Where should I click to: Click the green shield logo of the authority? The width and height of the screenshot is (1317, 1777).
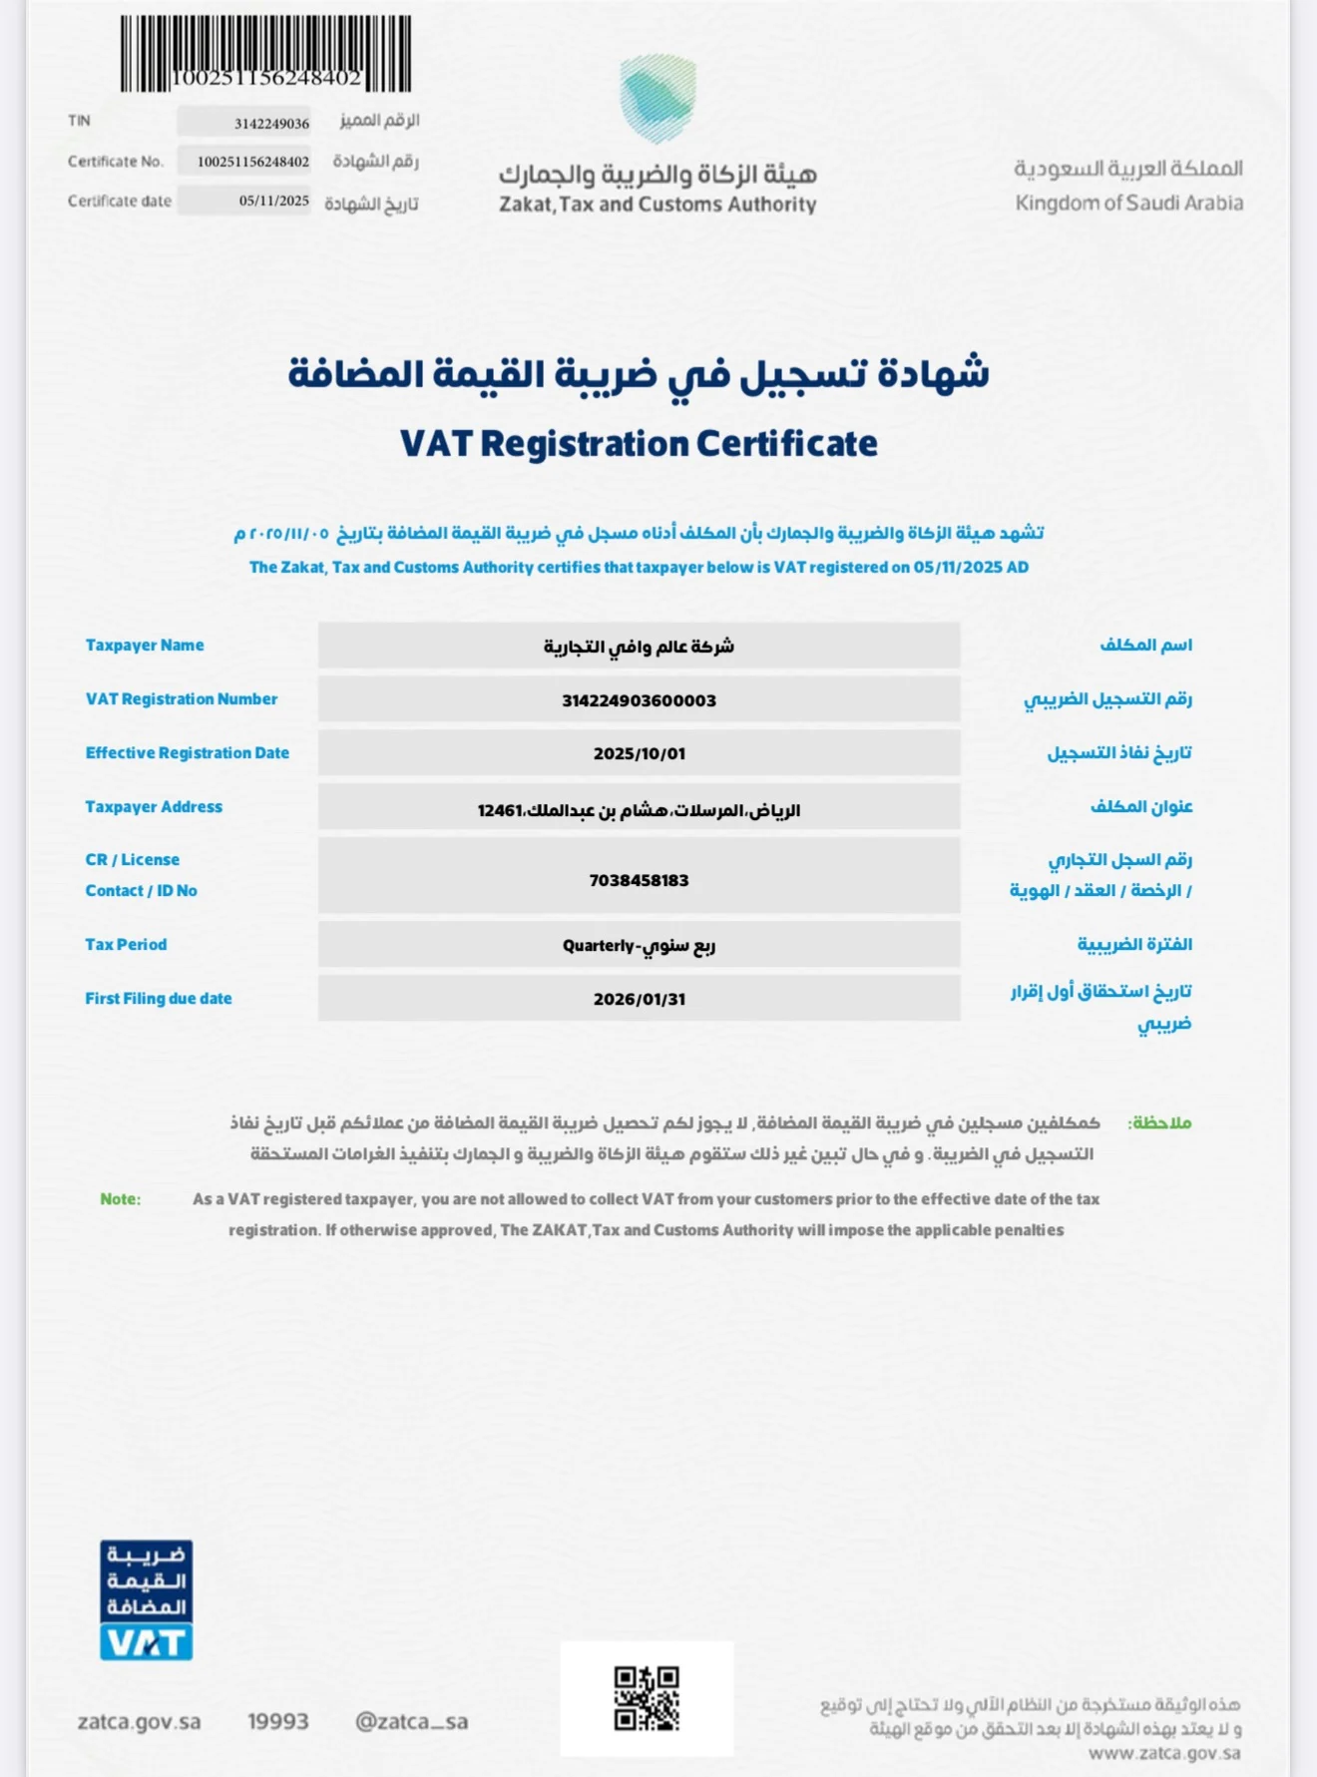click(x=658, y=99)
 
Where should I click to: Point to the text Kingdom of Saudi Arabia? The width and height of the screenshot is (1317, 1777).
click(x=1128, y=204)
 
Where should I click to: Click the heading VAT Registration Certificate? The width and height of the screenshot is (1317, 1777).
click(x=639, y=444)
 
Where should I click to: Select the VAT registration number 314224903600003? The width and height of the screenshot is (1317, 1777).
click(x=639, y=700)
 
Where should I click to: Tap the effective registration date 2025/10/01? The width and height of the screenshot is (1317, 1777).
click(x=639, y=753)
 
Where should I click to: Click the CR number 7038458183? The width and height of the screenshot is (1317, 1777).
click(x=639, y=880)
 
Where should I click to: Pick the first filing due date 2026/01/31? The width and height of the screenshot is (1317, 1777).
click(x=639, y=999)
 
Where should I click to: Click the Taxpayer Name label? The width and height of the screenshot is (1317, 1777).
click(x=145, y=646)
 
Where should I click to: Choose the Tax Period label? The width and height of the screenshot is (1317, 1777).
click(x=126, y=945)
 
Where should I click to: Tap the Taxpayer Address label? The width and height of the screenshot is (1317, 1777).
click(x=154, y=807)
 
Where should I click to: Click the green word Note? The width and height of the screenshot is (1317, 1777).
click(x=120, y=1199)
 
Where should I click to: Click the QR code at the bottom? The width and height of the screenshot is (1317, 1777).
click(x=647, y=1698)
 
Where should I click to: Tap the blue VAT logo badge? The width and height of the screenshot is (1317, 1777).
click(x=146, y=1599)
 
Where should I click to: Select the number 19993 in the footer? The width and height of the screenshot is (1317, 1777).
click(x=277, y=1721)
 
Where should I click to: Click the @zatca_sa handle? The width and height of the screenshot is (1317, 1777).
click(x=411, y=1721)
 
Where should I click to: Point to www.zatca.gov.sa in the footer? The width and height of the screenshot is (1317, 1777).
click(x=1164, y=1753)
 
